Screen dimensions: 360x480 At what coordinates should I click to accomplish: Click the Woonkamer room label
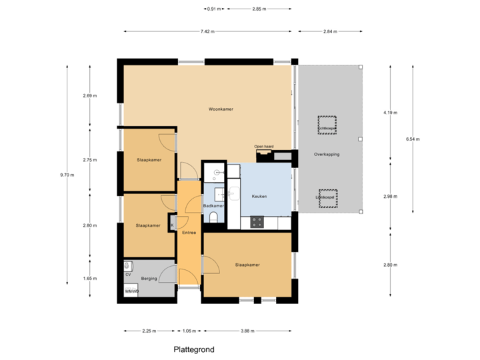tap(220, 109)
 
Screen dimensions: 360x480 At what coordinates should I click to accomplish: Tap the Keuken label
tap(259, 197)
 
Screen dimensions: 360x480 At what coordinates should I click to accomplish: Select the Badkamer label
tap(213, 206)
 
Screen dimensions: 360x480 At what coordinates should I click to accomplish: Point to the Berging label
tap(148, 278)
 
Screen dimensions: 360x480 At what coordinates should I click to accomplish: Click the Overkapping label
tap(327, 154)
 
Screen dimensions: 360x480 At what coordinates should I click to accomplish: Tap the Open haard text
tap(264, 146)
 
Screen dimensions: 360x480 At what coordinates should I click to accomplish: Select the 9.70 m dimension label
tap(67, 175)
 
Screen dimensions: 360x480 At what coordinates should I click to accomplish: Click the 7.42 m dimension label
tap(207, 31)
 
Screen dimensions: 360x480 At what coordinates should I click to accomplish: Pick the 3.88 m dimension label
tap(248, 331)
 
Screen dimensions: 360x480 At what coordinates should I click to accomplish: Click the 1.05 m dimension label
tap(190, 331)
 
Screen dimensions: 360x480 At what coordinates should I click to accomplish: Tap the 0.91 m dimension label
tap(213, 9)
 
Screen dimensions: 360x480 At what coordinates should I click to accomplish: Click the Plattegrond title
tap(194, 349)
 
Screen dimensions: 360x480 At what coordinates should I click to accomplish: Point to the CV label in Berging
tap(128, 274)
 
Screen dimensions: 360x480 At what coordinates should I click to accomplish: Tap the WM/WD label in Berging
tap(131, 291)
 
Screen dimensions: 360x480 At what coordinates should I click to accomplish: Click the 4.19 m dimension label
tap(389, 113)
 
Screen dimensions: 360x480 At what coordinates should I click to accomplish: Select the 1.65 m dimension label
tap(90, 278)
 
